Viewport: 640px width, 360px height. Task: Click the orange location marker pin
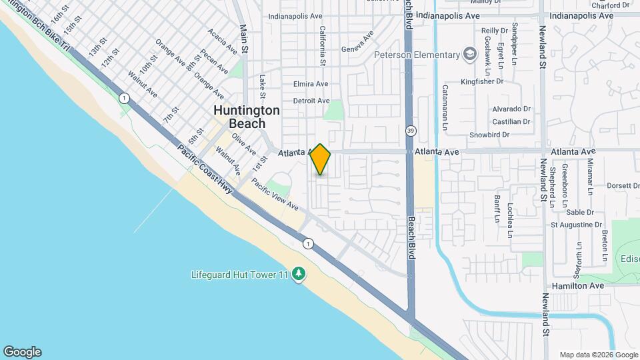tap(321, 159)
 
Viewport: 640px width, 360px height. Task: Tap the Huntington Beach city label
tap(238, 117)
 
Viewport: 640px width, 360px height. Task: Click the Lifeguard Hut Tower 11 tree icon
tap(299, 274)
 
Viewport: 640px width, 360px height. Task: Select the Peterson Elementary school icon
tap(470, 55)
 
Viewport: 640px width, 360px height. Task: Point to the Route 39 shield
tap(411, 131)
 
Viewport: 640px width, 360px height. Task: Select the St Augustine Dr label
tap(576, 225)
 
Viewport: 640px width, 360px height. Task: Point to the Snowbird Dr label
tap(489, 135)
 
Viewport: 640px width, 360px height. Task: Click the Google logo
tap(22, 352)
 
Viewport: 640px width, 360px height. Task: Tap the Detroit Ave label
tap(311, 101)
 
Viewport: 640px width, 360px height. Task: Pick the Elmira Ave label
tap(311, 84)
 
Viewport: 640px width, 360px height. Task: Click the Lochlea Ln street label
tap(509, 221)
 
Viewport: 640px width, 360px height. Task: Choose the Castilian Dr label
tap(511, 121)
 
